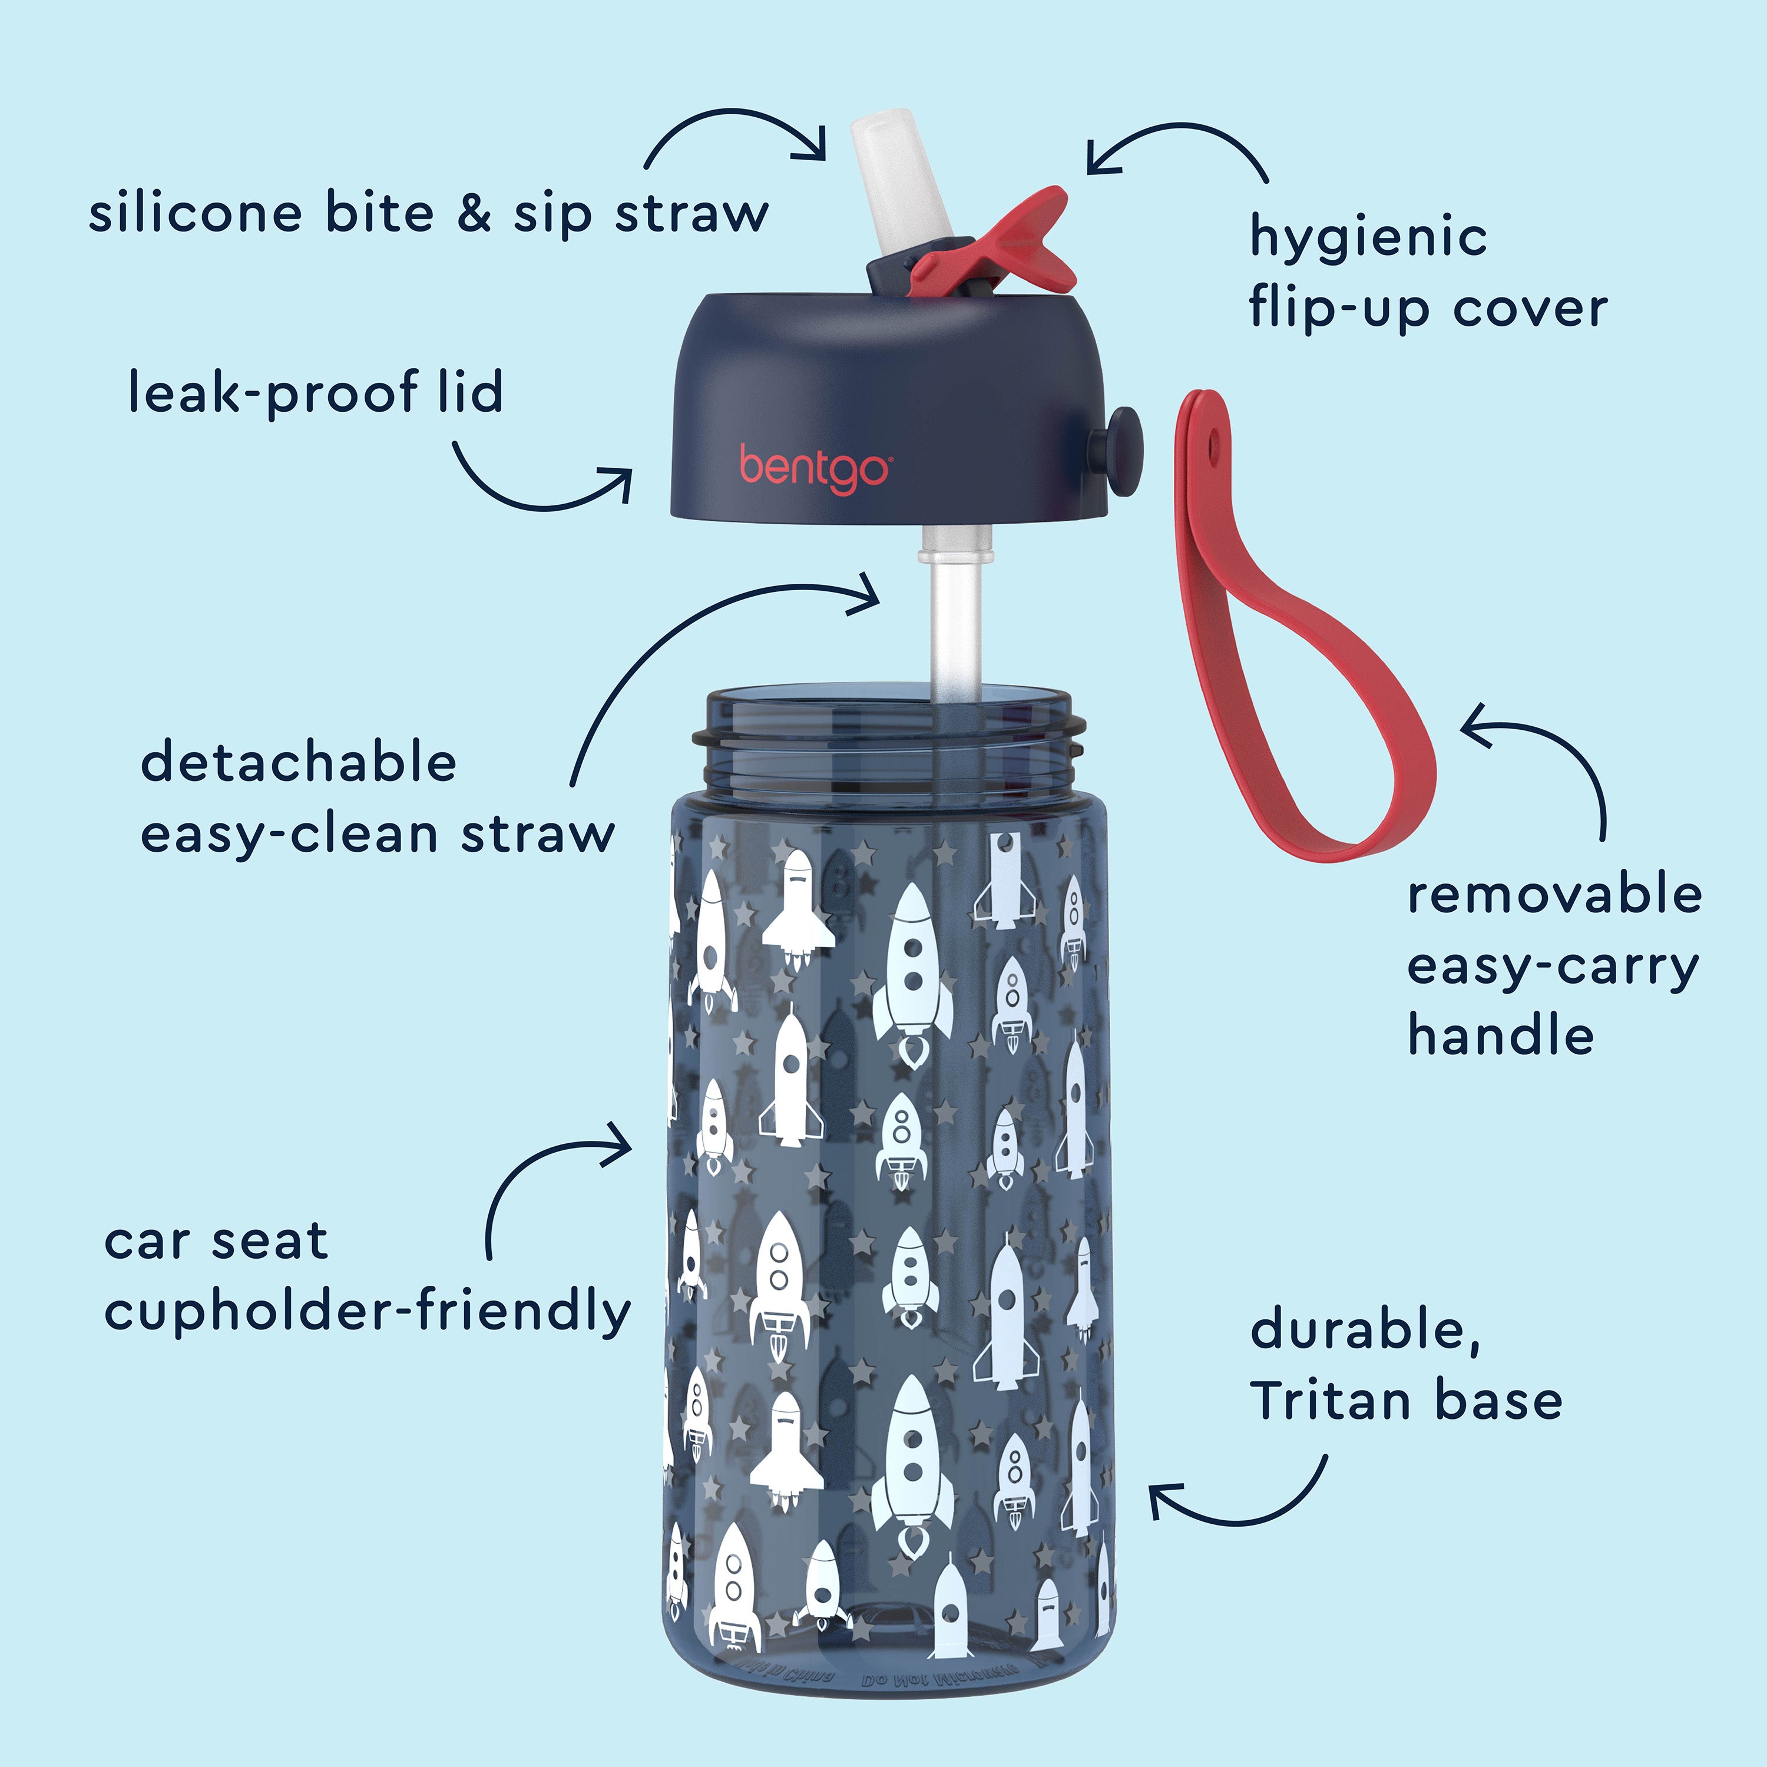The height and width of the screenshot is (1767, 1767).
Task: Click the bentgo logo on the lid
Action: [813, 466]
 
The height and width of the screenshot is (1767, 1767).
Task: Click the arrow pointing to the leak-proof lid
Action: [540, 485]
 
